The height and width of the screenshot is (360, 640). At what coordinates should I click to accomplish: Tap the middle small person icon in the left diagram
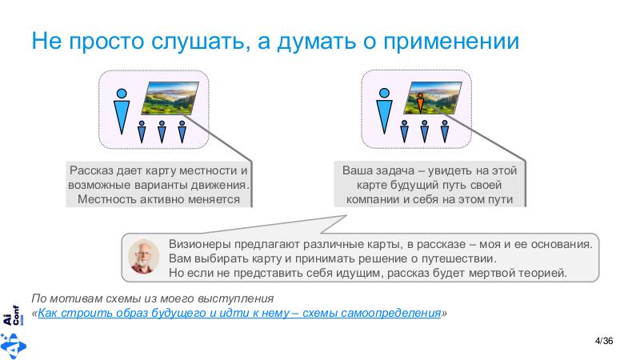tap(162, 130)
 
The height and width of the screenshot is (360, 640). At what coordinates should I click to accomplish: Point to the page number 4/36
tap(605, 342)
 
